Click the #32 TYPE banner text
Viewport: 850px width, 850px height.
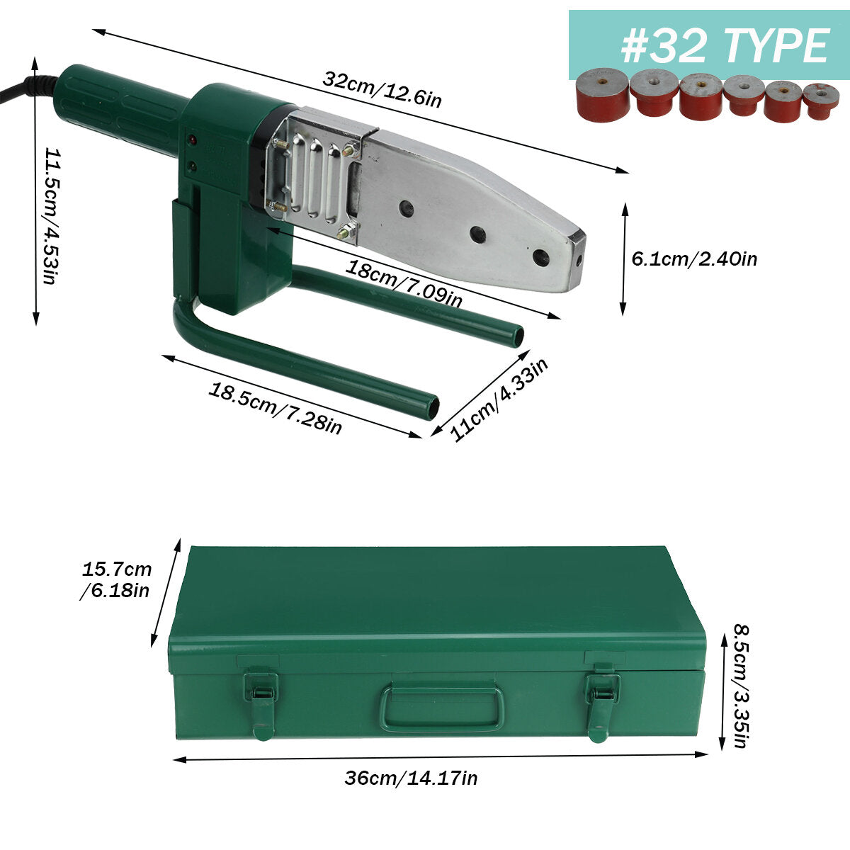(725, 46)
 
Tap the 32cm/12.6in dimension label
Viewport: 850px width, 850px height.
(382, 89)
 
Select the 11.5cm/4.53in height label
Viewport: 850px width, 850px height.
(52, 216)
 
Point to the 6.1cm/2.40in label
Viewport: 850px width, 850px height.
(694, 259)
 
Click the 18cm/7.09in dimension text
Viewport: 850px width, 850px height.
(404, 283)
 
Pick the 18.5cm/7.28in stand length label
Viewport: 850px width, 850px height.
(276, 409)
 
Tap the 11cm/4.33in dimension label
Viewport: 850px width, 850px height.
(499, 399)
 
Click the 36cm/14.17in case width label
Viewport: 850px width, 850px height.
(411, 778)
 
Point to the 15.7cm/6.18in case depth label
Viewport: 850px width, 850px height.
(116, 579)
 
